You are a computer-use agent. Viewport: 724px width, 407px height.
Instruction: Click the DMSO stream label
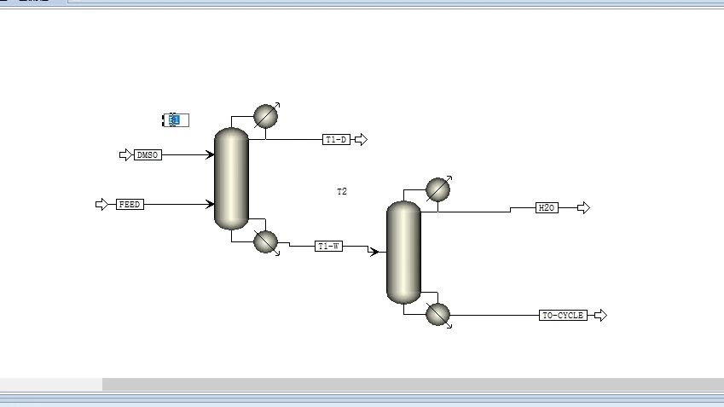(148, 155)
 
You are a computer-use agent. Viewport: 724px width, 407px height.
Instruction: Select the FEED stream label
(130, 205)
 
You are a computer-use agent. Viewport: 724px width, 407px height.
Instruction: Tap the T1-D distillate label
(337, 139)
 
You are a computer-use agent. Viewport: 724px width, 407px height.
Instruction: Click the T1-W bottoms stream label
(328, 247)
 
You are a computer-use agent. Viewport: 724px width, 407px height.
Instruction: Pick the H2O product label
(547, 207)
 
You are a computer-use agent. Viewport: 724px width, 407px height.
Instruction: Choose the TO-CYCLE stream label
(564, 316)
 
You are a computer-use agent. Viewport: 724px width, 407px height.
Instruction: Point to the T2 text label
(342, 192)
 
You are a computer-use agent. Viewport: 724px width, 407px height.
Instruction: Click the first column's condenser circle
(266, 116)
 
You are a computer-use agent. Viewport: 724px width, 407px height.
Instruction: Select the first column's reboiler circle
(266, 242)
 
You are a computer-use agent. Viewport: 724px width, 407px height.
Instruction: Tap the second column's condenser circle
(437, 189)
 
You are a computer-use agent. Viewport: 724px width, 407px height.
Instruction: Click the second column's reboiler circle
(437, 315)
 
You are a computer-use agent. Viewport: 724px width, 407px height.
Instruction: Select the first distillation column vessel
(231, 178)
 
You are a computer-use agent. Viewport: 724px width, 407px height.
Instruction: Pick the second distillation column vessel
(403, 253)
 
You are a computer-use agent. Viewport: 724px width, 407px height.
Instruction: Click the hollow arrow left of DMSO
(126, 155)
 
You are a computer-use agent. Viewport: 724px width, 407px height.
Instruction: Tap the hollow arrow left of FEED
(102, 205)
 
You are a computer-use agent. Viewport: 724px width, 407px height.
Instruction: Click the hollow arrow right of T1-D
(361, 139)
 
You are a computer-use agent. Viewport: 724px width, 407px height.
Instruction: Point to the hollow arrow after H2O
(583, 207)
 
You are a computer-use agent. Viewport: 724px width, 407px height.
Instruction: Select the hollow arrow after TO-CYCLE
(600, 316)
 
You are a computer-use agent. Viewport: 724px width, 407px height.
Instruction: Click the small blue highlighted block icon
(175, 120)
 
